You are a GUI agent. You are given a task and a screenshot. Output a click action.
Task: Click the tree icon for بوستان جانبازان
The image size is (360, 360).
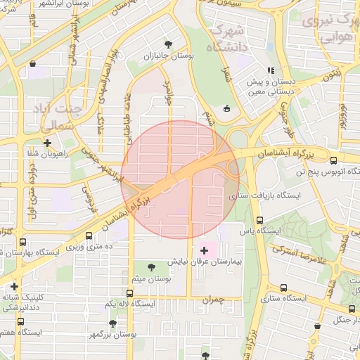(x=167, y=43)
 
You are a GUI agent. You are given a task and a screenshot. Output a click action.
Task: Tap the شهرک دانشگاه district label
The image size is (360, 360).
(x=228, y=39)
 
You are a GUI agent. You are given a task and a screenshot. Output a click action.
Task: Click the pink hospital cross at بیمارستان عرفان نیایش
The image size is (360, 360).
(x=205, y=250)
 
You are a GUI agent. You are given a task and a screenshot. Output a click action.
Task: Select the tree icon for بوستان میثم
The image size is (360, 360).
(x=152, y=266)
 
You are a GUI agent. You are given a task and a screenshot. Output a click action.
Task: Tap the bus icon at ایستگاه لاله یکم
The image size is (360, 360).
(x=129, y=293)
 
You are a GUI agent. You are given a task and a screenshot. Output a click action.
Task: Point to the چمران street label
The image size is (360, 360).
(x=211, y=300)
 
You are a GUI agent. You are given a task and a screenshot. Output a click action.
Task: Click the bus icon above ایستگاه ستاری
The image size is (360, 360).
(x=283, y=288)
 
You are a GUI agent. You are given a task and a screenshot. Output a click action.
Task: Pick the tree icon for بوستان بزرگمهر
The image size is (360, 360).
(x=112, y=323)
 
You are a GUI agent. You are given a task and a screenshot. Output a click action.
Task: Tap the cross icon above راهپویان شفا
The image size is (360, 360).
(x=47, y=143)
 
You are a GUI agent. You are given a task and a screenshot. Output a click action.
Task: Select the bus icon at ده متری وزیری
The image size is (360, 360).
(x=89, y=236)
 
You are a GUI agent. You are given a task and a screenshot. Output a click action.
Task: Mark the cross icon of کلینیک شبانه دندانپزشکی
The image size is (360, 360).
(x=15, y=286)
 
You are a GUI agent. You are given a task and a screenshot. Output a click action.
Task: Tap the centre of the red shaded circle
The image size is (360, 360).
(x=180, y=179)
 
